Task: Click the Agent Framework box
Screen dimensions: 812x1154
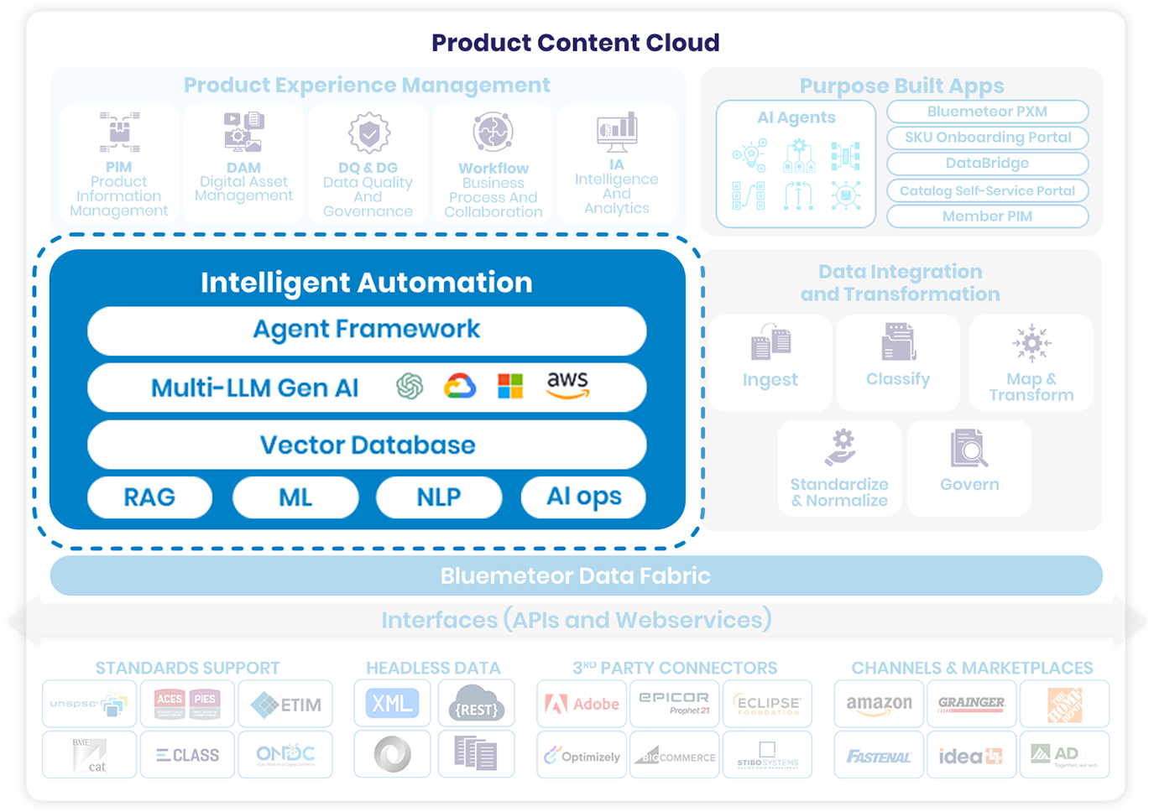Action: (367, 330)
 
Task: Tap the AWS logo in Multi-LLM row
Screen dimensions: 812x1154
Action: (568, 385)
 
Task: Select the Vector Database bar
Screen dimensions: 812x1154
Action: (367, 445)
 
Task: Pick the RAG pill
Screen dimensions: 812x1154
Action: (149, 497)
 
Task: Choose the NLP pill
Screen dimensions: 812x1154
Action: (438, 497)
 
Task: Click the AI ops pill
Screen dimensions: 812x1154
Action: (584, 497)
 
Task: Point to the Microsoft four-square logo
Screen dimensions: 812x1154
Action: (510, 386)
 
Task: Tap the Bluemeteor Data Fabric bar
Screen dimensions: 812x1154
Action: (576, 575)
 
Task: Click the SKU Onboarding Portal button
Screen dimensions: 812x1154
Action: (987, 138)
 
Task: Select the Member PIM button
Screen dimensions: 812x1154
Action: (987, 216)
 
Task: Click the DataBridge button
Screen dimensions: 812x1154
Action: (987, 164)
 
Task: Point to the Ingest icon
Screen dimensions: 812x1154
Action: (770, 342)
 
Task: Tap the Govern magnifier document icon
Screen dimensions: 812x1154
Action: (969, 449)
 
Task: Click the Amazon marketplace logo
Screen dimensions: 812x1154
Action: (879, 704)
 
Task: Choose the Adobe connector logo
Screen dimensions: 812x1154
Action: (582, 704)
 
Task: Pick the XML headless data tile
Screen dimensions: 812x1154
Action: (392, 703)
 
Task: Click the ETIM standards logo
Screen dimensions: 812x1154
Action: (285, 704)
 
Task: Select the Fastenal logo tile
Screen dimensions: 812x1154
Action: (879, 756)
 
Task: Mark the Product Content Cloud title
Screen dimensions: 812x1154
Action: (576, 43)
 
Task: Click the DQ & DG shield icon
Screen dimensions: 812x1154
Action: (368, 133)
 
